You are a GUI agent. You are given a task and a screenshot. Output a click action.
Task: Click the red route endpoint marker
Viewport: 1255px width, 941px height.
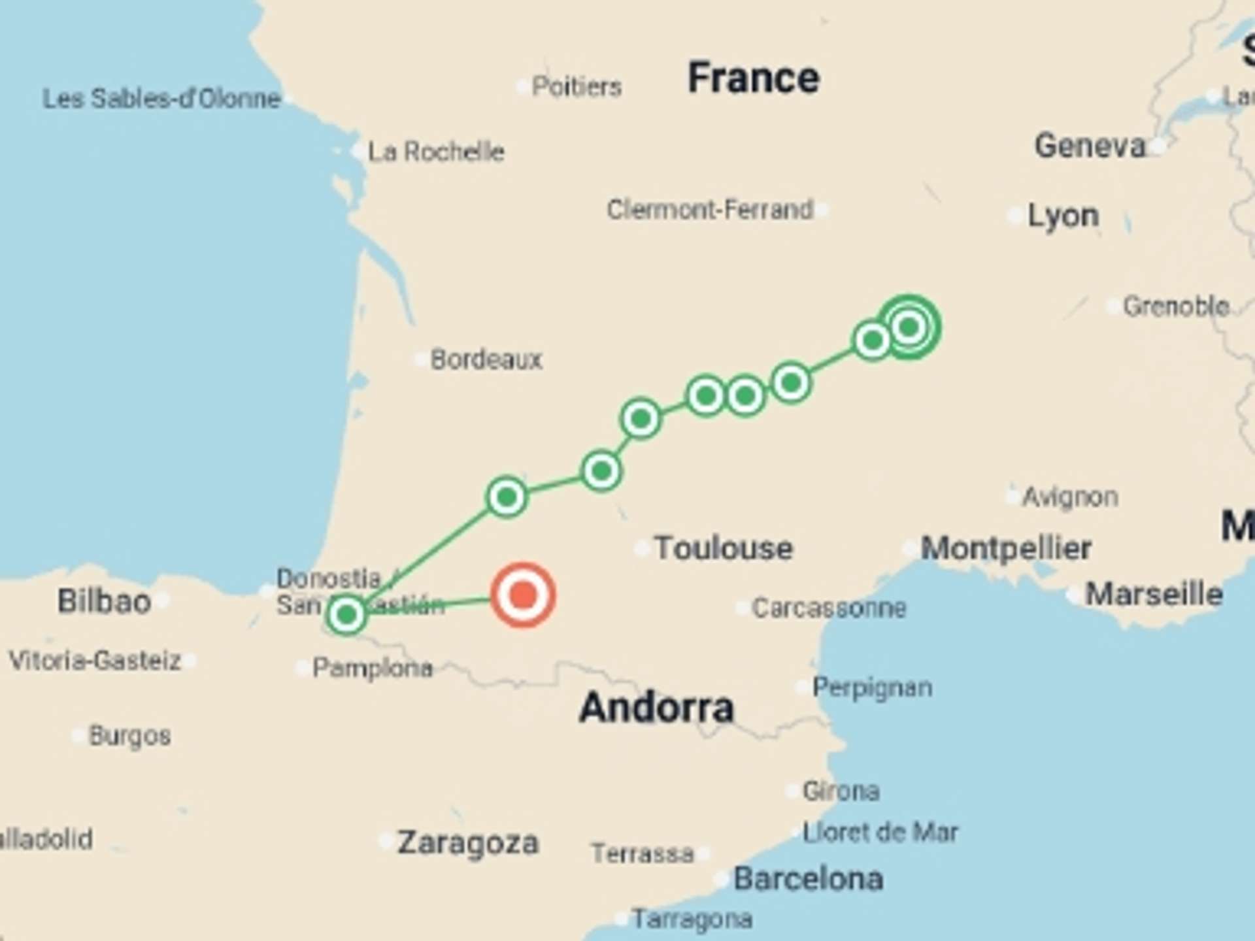(523, 595)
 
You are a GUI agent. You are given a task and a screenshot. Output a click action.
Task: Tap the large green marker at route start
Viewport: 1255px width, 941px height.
(909, 327)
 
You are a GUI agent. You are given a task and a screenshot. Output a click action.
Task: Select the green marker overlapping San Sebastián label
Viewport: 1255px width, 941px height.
(346, 614)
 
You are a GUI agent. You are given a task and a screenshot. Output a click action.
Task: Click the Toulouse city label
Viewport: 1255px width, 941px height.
(724, 548)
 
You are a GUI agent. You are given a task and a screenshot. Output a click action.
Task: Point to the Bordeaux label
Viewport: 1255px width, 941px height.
(486, 359)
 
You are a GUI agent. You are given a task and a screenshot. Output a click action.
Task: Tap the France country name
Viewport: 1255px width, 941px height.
(753, 78)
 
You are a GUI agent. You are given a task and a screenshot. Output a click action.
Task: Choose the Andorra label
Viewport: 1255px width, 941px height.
(656, 708)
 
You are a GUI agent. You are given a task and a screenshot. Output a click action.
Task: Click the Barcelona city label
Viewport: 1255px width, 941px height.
(808, 879)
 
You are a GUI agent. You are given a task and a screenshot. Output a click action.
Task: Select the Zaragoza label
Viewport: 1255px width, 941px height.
(468, 842)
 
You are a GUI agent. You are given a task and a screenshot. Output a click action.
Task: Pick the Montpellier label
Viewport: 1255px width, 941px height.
(1006, 548)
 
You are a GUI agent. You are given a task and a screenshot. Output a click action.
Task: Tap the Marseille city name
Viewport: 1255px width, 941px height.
(1154, 594)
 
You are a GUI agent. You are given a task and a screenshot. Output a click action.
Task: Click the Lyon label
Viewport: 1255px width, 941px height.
(1063, 216)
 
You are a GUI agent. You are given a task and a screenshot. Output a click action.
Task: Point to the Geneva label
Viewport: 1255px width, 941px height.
(1090, 145)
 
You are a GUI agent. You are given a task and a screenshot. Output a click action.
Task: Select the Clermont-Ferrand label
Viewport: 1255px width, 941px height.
(710, 210)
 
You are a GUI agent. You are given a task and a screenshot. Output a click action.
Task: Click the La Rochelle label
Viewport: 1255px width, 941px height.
(436, 152)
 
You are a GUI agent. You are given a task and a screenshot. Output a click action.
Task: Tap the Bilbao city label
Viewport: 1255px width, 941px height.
(104, 601)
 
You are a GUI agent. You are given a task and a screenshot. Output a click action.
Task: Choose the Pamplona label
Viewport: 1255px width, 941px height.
(373, 668)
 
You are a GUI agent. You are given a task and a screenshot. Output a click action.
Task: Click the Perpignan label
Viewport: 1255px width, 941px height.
(872, 687)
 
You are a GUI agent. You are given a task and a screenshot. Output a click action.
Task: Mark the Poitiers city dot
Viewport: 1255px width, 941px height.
(523, 86)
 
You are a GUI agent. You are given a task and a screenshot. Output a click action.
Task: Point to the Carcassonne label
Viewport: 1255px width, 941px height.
(829, 608)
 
